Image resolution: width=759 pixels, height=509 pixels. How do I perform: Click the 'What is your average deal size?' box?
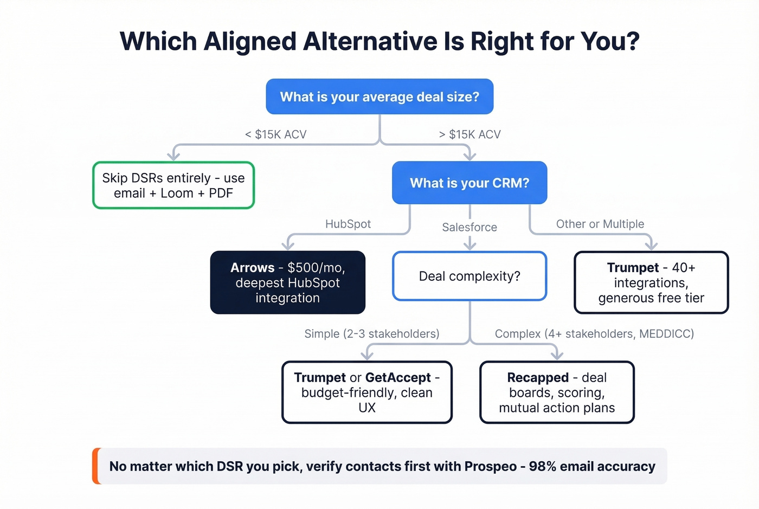point(379,96)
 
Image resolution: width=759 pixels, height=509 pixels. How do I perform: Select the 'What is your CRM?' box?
point(469,183)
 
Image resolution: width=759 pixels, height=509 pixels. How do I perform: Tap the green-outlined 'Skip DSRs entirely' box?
point(173,185)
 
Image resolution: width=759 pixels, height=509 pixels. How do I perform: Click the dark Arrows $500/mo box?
point(287,282)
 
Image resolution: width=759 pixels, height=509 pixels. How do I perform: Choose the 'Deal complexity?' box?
point(469,276)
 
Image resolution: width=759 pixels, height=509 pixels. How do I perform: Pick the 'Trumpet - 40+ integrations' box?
point(651,282)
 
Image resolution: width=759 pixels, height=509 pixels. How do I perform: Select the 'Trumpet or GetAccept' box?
point(367,392)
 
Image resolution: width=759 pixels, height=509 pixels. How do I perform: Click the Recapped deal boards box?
point(557,392)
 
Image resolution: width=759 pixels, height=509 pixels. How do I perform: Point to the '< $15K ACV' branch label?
point(275,134)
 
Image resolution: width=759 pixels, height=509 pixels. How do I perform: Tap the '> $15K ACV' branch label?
point(469,134)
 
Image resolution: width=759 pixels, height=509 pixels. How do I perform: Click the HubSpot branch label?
point(348,224)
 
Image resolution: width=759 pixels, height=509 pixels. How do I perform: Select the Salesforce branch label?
point(469,227)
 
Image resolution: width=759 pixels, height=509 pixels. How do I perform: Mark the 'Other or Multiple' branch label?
point(600,224)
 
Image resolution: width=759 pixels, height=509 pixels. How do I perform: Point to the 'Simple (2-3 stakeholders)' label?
point(372,333)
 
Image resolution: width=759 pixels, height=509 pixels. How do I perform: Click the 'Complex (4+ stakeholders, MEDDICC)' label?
point(594,333)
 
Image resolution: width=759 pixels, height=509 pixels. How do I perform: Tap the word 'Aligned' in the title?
point(250,42)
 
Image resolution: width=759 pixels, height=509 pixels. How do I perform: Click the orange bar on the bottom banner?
point(96,466)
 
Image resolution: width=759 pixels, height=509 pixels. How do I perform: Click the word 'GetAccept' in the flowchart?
point(398,377)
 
